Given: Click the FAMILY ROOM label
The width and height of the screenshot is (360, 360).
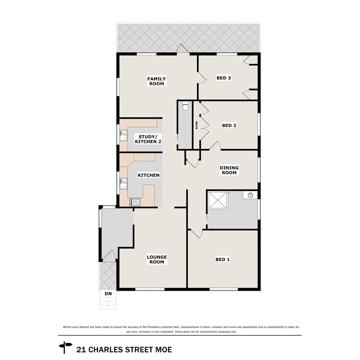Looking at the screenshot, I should tap(156, 81).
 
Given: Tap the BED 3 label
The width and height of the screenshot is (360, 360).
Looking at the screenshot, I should tap(224, 78).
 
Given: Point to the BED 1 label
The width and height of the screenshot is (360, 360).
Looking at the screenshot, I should tap(222, 260).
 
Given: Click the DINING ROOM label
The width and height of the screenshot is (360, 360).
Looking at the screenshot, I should tap(229, 170).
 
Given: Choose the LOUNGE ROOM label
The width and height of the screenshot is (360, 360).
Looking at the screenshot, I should tap(157, 260).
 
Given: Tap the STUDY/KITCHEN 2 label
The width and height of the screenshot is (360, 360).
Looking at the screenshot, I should tap(148, 139).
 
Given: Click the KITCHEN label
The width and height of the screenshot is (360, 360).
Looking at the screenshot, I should tap(149, 175).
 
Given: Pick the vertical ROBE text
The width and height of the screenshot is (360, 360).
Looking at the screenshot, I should tap(197, 125).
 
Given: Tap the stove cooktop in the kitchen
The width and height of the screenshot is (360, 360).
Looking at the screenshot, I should tap(136, 202).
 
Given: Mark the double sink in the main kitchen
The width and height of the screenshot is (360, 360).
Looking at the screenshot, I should tap(123, 183).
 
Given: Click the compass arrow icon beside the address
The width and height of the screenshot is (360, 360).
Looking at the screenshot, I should tap(65, 346).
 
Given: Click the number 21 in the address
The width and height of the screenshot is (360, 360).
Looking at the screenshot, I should tap(81, 350).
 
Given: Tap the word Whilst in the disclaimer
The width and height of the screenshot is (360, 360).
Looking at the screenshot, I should tap(67, 327).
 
